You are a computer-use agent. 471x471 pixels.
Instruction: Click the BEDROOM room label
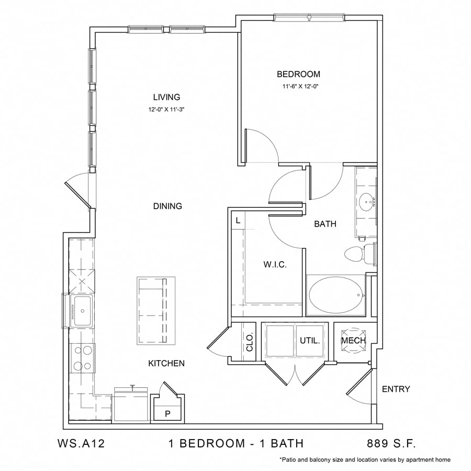click(x=298, y=74)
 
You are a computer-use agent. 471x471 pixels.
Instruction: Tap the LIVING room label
click(x=166, y=97)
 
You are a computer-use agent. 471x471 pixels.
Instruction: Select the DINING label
click(x=167, y=206)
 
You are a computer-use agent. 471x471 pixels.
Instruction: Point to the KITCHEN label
click(x=167, y=363)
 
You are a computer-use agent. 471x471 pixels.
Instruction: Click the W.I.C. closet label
click(x=274, y=265)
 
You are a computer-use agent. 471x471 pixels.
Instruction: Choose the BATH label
click(x=325, y=224)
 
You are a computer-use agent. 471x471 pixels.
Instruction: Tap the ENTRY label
click(x=396, y=389)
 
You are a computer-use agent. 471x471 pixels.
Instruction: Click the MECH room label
click(x=353, y=341)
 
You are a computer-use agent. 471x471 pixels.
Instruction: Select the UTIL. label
click(x=310, y=341)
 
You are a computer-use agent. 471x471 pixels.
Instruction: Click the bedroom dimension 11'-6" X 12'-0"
click(x=298, y=87)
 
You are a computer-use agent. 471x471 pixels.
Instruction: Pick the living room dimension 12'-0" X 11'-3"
click(x=166, y=110)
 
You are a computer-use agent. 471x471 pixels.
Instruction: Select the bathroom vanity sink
click(x=366, y=200)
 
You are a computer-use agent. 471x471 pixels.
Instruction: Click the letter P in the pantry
click(x=167, y=413)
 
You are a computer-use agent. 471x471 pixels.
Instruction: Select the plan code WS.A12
click(x=81, y=444)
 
